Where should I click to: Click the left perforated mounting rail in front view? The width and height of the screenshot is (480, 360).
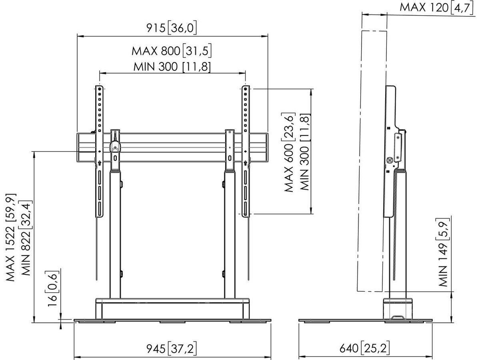click(x=99, y=120)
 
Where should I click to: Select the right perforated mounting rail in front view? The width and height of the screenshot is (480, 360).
click(x=245, y=120)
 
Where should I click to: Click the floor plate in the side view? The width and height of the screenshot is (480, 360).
click(x=366, y=321)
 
